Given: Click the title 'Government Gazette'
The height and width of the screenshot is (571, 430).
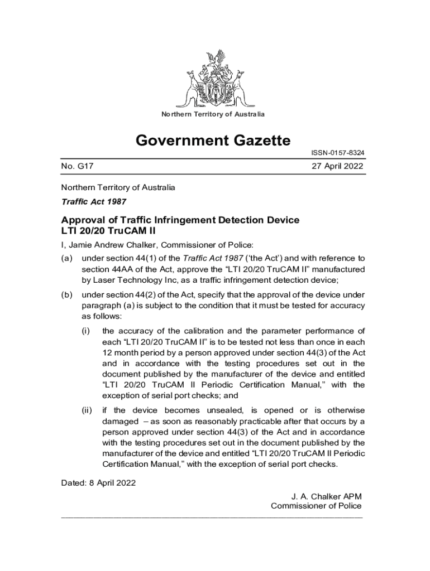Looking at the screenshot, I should tap(213, 141).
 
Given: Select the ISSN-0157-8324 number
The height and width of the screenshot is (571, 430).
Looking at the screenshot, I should tap(337, 153).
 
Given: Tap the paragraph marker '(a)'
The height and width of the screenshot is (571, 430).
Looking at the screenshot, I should tap(66, 258).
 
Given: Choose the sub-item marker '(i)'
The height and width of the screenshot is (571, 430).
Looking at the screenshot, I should tap(86, 331).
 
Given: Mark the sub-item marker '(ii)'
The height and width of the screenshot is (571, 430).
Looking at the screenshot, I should tap(87, 410).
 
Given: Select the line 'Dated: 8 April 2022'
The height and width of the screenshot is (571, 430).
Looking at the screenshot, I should tap(98, 482).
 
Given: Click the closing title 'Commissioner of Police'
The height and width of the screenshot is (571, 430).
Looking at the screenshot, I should tap(316, 506).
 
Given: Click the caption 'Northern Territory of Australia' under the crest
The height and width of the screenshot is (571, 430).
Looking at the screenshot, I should tap(213, 114).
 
